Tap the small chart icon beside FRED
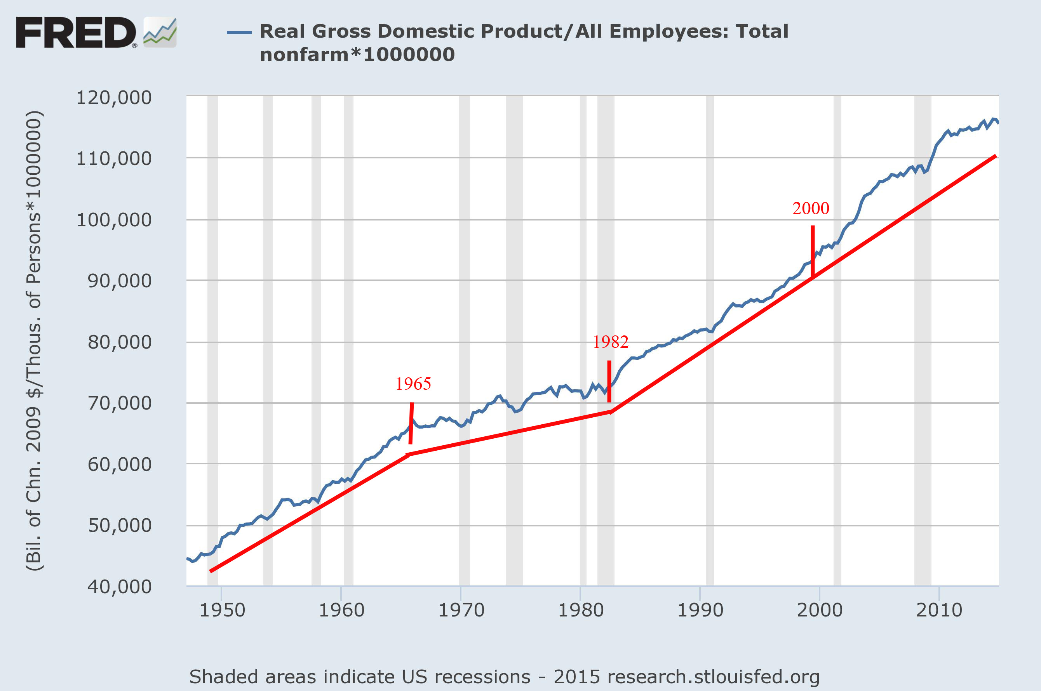click(x=160, y=32)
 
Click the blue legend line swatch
click(x=239, y=32)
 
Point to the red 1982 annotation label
click(x=610, y=342)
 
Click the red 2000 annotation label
click(x=810, y=208)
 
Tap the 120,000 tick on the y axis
click(x=114, y=97)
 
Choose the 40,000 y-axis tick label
click(x=119, y=587)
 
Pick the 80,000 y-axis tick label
click(x=119, y=342)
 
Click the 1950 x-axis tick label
click(x=222, y=610)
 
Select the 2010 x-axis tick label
click(x=939, y=610)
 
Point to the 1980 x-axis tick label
click(x=580, y=610)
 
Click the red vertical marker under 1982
click(x=609, y=381)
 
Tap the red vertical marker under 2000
click(x=812, y=251)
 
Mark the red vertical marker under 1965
click(x=411, y=423)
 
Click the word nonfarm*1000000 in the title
click(x=357, y=55)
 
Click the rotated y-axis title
click(x=34, y=342)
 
